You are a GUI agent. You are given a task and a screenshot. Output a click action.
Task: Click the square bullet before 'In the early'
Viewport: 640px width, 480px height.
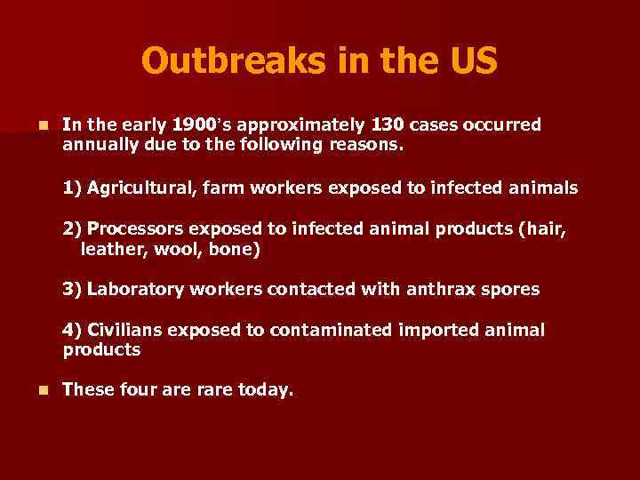click(x=33, y=125)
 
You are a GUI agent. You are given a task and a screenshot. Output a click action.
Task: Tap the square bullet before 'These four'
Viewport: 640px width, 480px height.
click(x=33, y=389)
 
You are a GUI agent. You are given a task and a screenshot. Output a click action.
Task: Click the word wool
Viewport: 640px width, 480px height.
click(x=177, y=250)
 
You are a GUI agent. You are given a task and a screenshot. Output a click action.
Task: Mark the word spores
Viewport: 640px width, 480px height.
click(x=511, y=290)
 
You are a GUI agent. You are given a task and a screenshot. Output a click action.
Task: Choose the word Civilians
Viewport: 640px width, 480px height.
click(x=125, y=331)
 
